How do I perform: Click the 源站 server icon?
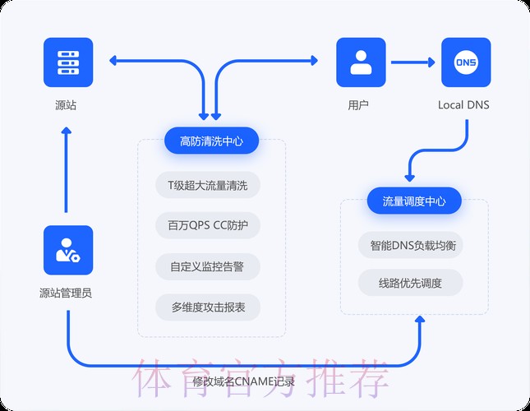(68, 62)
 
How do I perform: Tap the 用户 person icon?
(361, 62)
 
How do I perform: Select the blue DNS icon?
(466, 62)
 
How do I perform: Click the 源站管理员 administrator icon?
(68, 251)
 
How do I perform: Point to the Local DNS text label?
(463, 105)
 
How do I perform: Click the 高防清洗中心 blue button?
(211, 141)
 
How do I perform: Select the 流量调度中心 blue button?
(414, 201)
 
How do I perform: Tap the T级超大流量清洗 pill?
(207, 184)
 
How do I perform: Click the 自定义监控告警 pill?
(207, 266)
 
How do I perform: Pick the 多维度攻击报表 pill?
(207, 307)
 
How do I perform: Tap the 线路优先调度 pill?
(410, 283)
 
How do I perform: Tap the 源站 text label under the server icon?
(66, 105)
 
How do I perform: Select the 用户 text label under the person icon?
(358, 105)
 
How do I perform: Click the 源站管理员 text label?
(66, 293)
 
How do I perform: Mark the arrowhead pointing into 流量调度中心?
(408, 175)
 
